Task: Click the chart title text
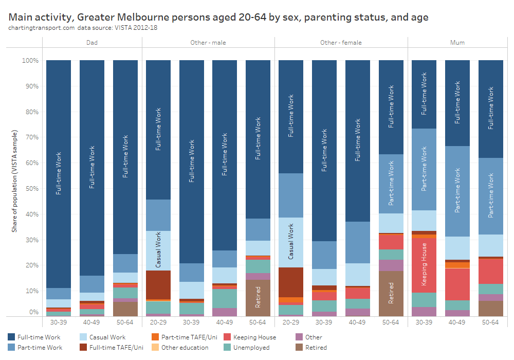click(218, 17)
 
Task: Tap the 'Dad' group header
click(92, 43)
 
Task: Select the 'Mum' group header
click(457, 43)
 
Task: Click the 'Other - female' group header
click(341, 43)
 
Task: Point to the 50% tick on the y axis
click(30, 189)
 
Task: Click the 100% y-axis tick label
click(29, 61)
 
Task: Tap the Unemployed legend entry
click(249, 348)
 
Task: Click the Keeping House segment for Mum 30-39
click(424, 265)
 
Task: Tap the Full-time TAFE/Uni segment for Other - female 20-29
click(291, 282)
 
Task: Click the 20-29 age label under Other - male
click(158, 322)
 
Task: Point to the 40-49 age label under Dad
click(92, 322)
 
